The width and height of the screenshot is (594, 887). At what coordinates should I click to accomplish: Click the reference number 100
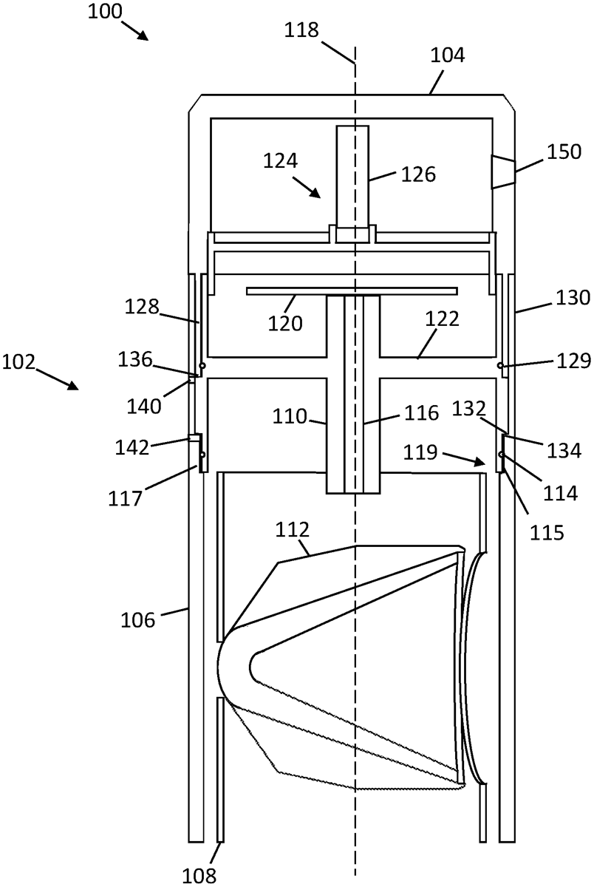105,11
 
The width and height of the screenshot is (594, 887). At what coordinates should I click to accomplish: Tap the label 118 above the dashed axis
301,30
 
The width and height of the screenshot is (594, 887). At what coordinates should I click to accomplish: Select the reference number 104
448,55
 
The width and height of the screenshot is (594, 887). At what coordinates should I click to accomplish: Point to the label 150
564,152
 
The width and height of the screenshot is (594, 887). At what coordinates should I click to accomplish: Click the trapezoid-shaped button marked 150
503,171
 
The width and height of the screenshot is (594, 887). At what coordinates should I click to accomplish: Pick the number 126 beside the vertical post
418,174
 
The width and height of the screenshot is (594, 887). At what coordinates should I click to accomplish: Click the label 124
281,161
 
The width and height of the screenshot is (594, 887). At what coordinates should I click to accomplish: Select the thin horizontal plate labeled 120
352,291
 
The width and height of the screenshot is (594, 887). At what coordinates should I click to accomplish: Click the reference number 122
442,319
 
